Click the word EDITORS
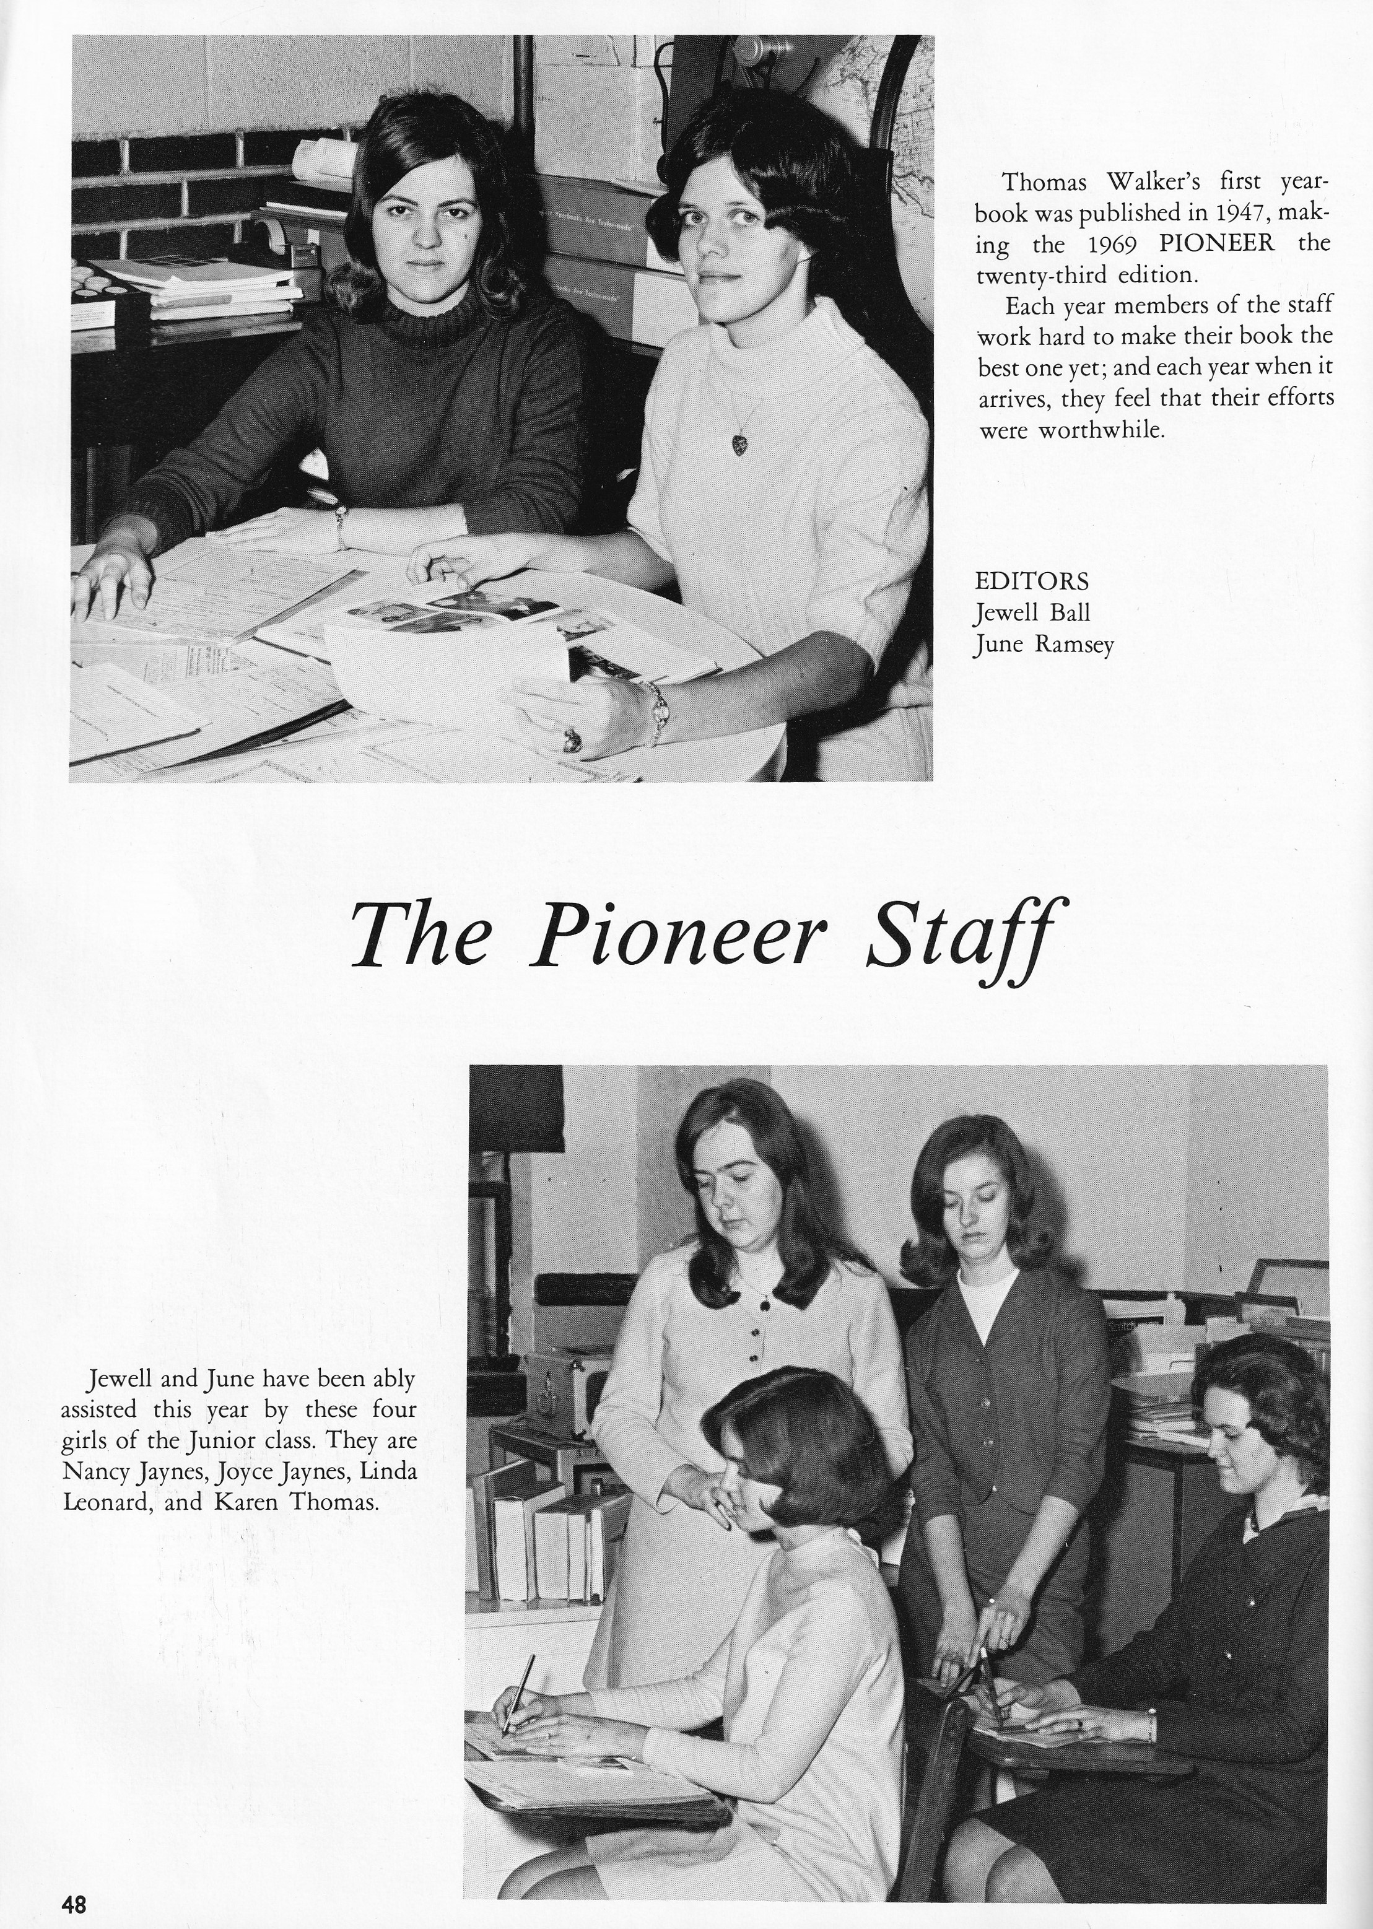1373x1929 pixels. pos(1031,581)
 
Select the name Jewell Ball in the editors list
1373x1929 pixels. pos(1031,612)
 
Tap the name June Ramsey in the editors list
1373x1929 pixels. pos(1044,645)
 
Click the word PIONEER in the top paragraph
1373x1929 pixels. pos(1216,244)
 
